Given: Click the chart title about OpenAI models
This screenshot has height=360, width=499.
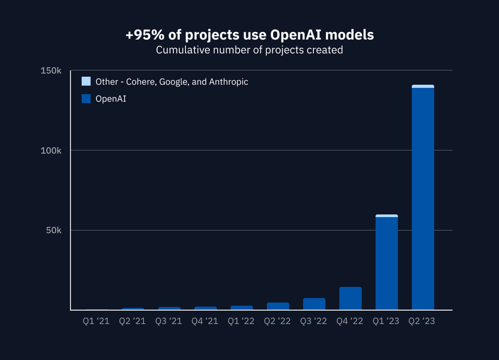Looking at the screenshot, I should coord(249,35).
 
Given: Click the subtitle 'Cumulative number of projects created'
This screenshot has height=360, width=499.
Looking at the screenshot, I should coord(249,50).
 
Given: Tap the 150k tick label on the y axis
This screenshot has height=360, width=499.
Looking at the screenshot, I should coord(51,71).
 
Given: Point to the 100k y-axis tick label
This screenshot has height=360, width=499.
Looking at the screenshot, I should coord(51,150).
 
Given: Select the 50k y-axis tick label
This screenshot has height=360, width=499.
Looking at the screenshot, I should coord(53,230).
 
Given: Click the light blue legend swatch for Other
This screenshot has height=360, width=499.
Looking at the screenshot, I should coord(86,81).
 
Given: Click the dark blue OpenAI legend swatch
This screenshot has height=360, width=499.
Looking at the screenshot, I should coord(86,99).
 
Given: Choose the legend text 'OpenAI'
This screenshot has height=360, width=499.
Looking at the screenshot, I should coord(111,99).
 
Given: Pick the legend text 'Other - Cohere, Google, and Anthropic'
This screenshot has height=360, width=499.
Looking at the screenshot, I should coord(172,82).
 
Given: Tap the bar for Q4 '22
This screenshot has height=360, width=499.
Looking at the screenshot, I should coord(351,298).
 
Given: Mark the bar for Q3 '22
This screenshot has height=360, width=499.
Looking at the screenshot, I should coord(314,304).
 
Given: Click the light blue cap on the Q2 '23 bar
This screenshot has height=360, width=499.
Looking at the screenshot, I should coord(423,86).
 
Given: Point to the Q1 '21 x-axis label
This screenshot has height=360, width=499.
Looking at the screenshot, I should coord(96,321).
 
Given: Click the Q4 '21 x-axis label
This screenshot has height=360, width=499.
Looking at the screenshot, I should coord(205,321).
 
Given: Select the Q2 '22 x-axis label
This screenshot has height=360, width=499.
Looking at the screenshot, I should coord(278,321).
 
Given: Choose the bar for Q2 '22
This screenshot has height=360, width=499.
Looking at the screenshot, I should coord(278,306).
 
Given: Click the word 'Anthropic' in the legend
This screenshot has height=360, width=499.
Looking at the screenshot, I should coord(228,82).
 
